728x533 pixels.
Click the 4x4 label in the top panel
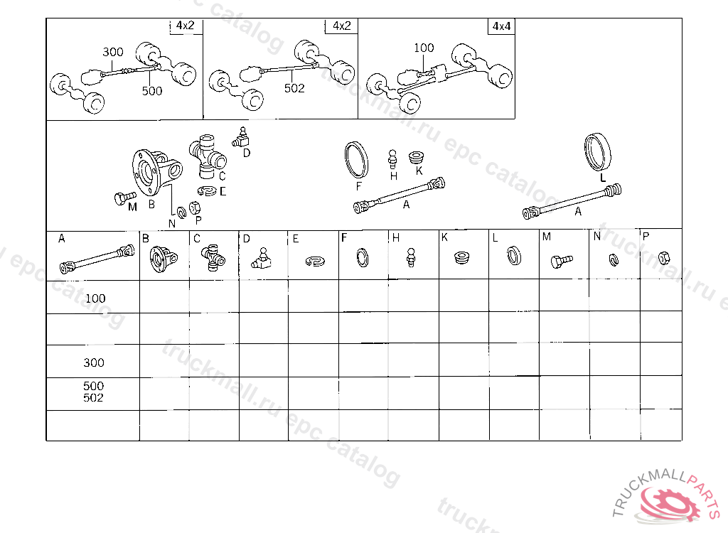501,26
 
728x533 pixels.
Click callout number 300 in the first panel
112,52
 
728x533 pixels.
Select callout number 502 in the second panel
294,88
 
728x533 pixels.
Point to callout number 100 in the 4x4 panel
423,48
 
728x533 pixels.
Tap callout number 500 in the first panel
151,91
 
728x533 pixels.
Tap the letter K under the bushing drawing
419,171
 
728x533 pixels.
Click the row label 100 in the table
95,298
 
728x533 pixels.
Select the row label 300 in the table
93,362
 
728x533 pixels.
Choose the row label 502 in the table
93,398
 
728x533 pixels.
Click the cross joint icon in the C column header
213,257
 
